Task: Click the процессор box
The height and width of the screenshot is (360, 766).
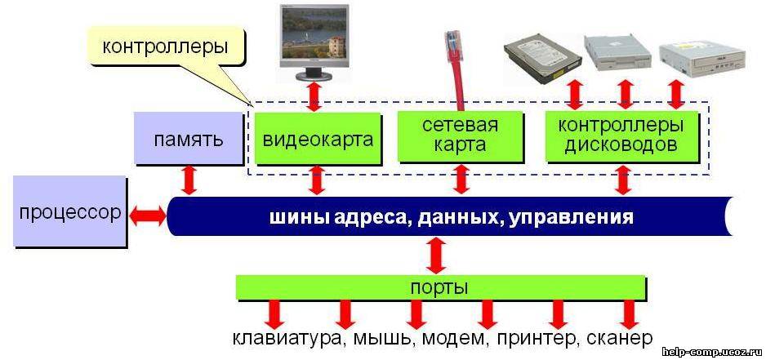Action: [x=69, y=211]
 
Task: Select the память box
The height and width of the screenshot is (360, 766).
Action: [x=189, y=138]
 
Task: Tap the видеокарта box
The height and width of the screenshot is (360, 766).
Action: [x=318, y=138]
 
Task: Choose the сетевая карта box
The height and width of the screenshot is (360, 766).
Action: [x=460, y=136]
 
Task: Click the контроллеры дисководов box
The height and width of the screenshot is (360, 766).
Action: [x=621, y=136]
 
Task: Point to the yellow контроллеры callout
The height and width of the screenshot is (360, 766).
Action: [x=166, y=47]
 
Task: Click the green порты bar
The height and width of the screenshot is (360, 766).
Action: [x=441, y=287]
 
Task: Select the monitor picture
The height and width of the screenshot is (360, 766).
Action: [x=314, y=42]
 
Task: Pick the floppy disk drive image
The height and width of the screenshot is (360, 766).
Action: [x=619, y=52]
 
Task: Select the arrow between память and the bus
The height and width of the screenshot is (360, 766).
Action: [x=189, y=180]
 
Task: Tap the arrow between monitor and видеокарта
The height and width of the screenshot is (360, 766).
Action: [x=314, y=96]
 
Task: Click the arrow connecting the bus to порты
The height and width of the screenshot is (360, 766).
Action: [x=436, y=255]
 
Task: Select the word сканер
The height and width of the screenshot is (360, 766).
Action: [x=620, y=339]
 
